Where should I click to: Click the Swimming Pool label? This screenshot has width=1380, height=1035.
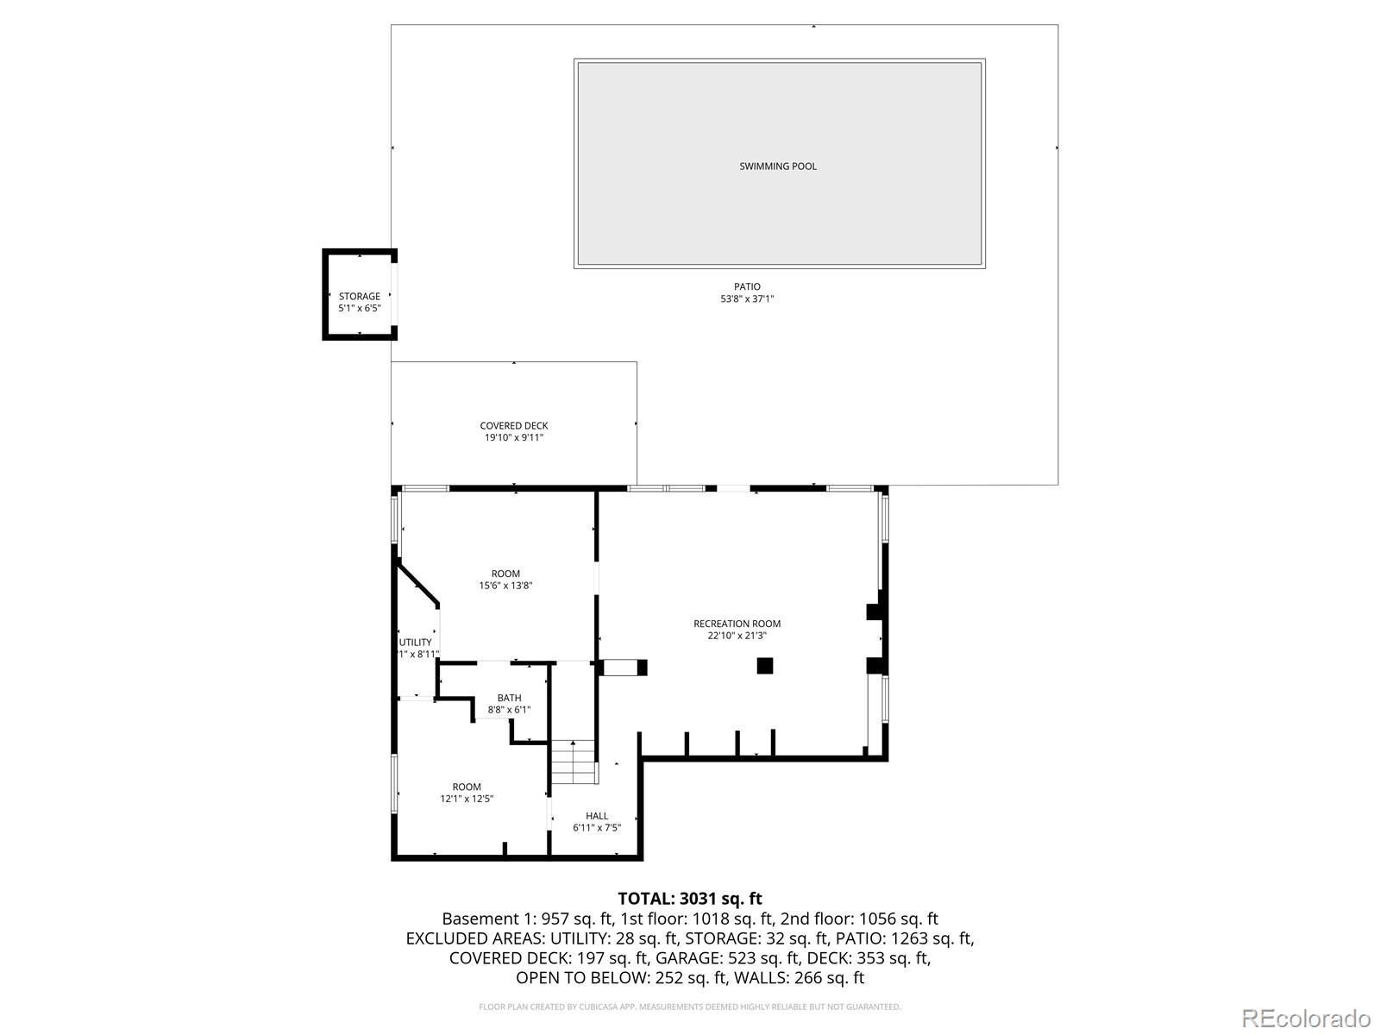coord(778,166)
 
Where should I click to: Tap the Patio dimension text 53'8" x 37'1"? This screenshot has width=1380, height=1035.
coord(748,299)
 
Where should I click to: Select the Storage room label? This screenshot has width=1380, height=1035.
coord(359,297)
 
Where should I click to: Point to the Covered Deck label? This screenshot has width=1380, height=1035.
coord(514,426)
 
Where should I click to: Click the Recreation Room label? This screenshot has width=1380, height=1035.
coord(737,624)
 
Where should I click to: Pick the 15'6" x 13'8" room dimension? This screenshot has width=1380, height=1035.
coord(505,586)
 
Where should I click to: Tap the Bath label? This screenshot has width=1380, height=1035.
coord(509,698)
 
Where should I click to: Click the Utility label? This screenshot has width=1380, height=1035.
coord(416,643)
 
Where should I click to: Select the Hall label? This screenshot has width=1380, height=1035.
coord(597,816)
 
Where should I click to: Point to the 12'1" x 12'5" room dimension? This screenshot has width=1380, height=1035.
coord(467,799)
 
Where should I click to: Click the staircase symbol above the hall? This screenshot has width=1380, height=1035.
coord(574,762)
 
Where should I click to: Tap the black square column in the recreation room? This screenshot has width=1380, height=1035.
coord(765,665)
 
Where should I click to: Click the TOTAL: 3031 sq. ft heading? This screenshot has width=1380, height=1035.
coord(690,900)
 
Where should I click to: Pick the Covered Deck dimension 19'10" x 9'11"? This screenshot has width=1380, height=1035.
coord(514,438)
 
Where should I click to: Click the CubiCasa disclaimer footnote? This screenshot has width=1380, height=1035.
coord(690,1007)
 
